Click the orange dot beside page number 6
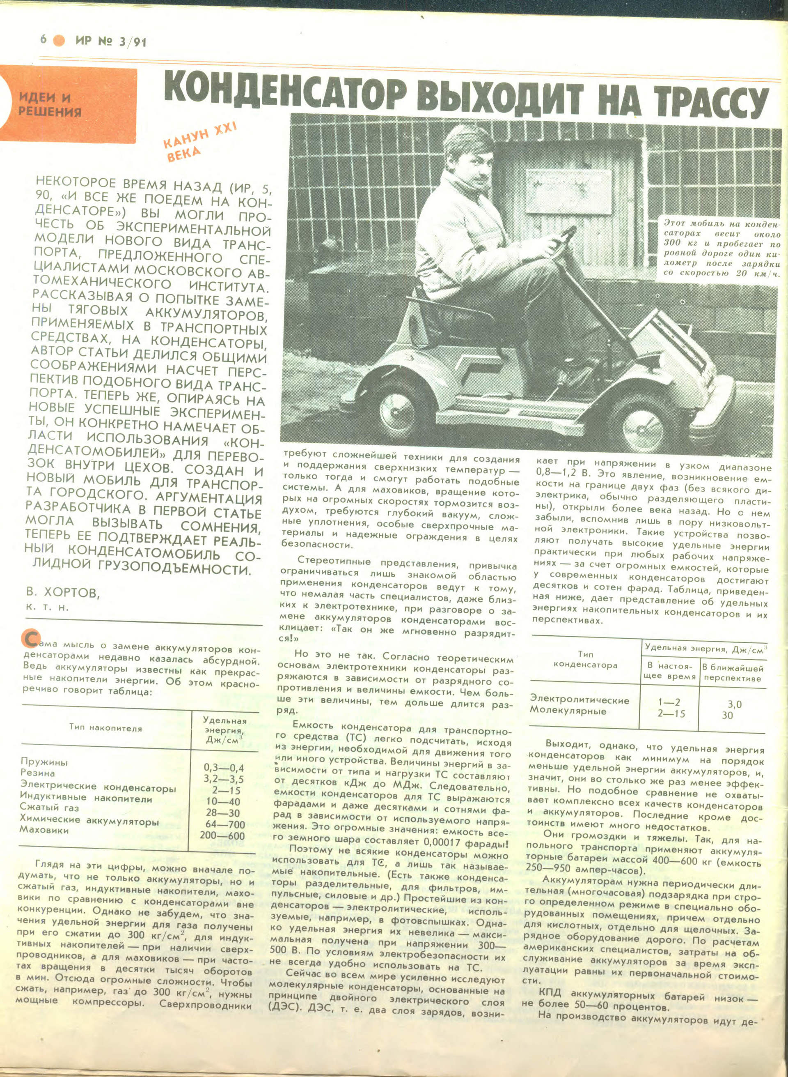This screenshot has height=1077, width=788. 59,41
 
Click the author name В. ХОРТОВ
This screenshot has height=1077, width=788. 63,594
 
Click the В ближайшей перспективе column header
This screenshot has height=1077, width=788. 732,673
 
